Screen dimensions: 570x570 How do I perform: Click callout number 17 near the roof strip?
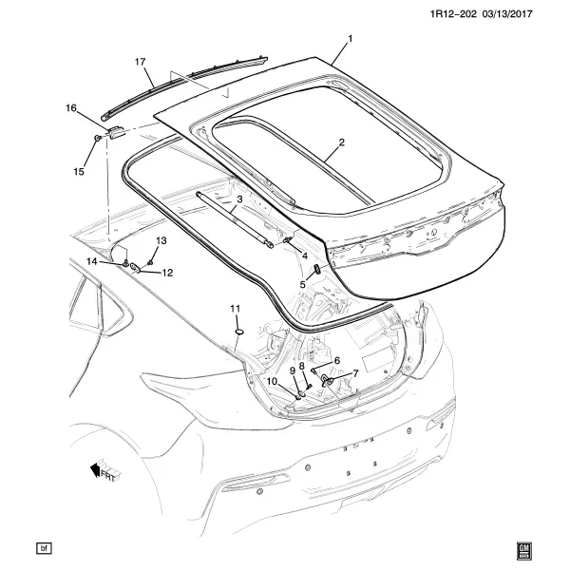(140, 62)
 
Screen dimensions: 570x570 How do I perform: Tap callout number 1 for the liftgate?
(351, 39)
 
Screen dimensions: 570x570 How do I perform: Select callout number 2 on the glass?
(341, 142)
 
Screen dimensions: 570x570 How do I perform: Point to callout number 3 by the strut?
(239, 199)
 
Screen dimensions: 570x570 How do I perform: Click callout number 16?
(71, 108)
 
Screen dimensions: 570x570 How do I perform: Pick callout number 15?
(79, 171)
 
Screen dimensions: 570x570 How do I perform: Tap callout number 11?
(236, 309)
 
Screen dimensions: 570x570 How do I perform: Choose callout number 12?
(167, 273)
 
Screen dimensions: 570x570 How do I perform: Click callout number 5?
(303, 284)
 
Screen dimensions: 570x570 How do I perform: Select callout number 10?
(273, 381)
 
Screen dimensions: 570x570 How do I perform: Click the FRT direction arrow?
(105, 471)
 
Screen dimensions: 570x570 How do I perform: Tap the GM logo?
(523, 551)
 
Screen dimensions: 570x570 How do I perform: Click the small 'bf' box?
(44, 548)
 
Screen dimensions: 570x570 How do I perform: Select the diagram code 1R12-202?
(453, 14)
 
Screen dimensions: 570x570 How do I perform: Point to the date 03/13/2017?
(507, 14)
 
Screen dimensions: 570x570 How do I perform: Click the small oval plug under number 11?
(238, 332)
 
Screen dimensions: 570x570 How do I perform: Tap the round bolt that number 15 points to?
(98, 138)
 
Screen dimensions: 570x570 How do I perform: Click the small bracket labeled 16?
(116, 132)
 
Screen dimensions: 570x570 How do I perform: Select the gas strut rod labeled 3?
(235, 219)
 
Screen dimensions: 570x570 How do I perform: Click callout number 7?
(355, 373)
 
